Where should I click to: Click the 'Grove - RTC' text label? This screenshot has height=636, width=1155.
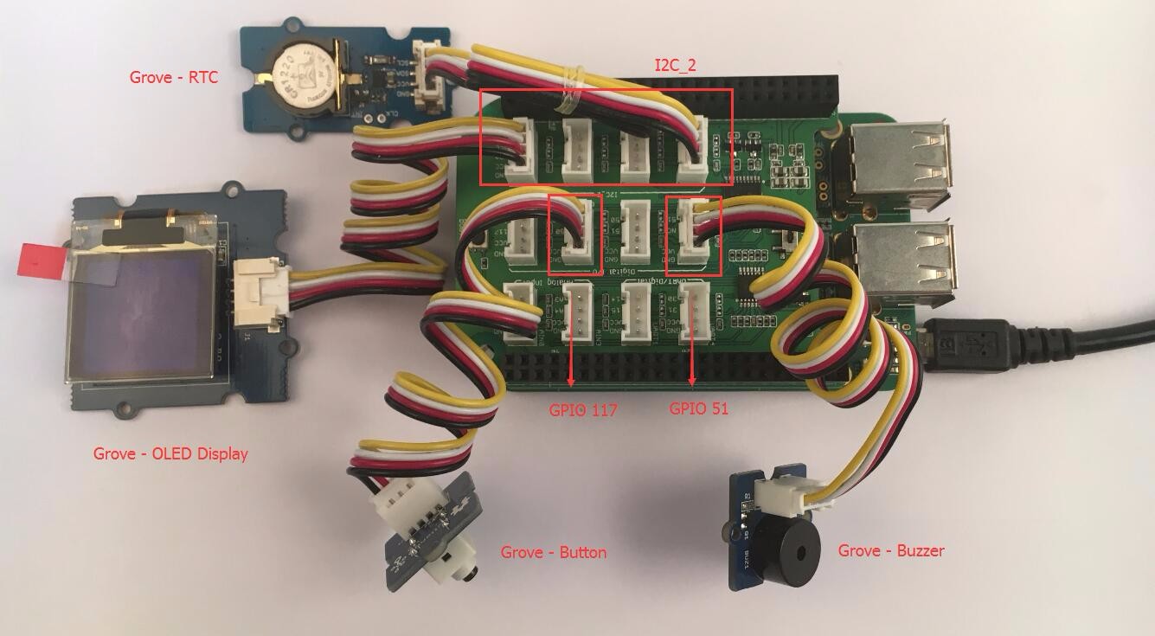tap(174, 77)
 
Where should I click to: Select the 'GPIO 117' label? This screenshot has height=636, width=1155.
tap(583, 410)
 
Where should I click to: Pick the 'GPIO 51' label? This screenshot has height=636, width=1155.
tap(699, 408)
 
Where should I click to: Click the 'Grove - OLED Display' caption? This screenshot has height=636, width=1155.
tap(170, 453)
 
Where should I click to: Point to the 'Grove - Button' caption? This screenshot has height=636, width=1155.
tap(554, 552)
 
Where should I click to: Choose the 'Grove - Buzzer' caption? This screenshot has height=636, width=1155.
tap(891, 550)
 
